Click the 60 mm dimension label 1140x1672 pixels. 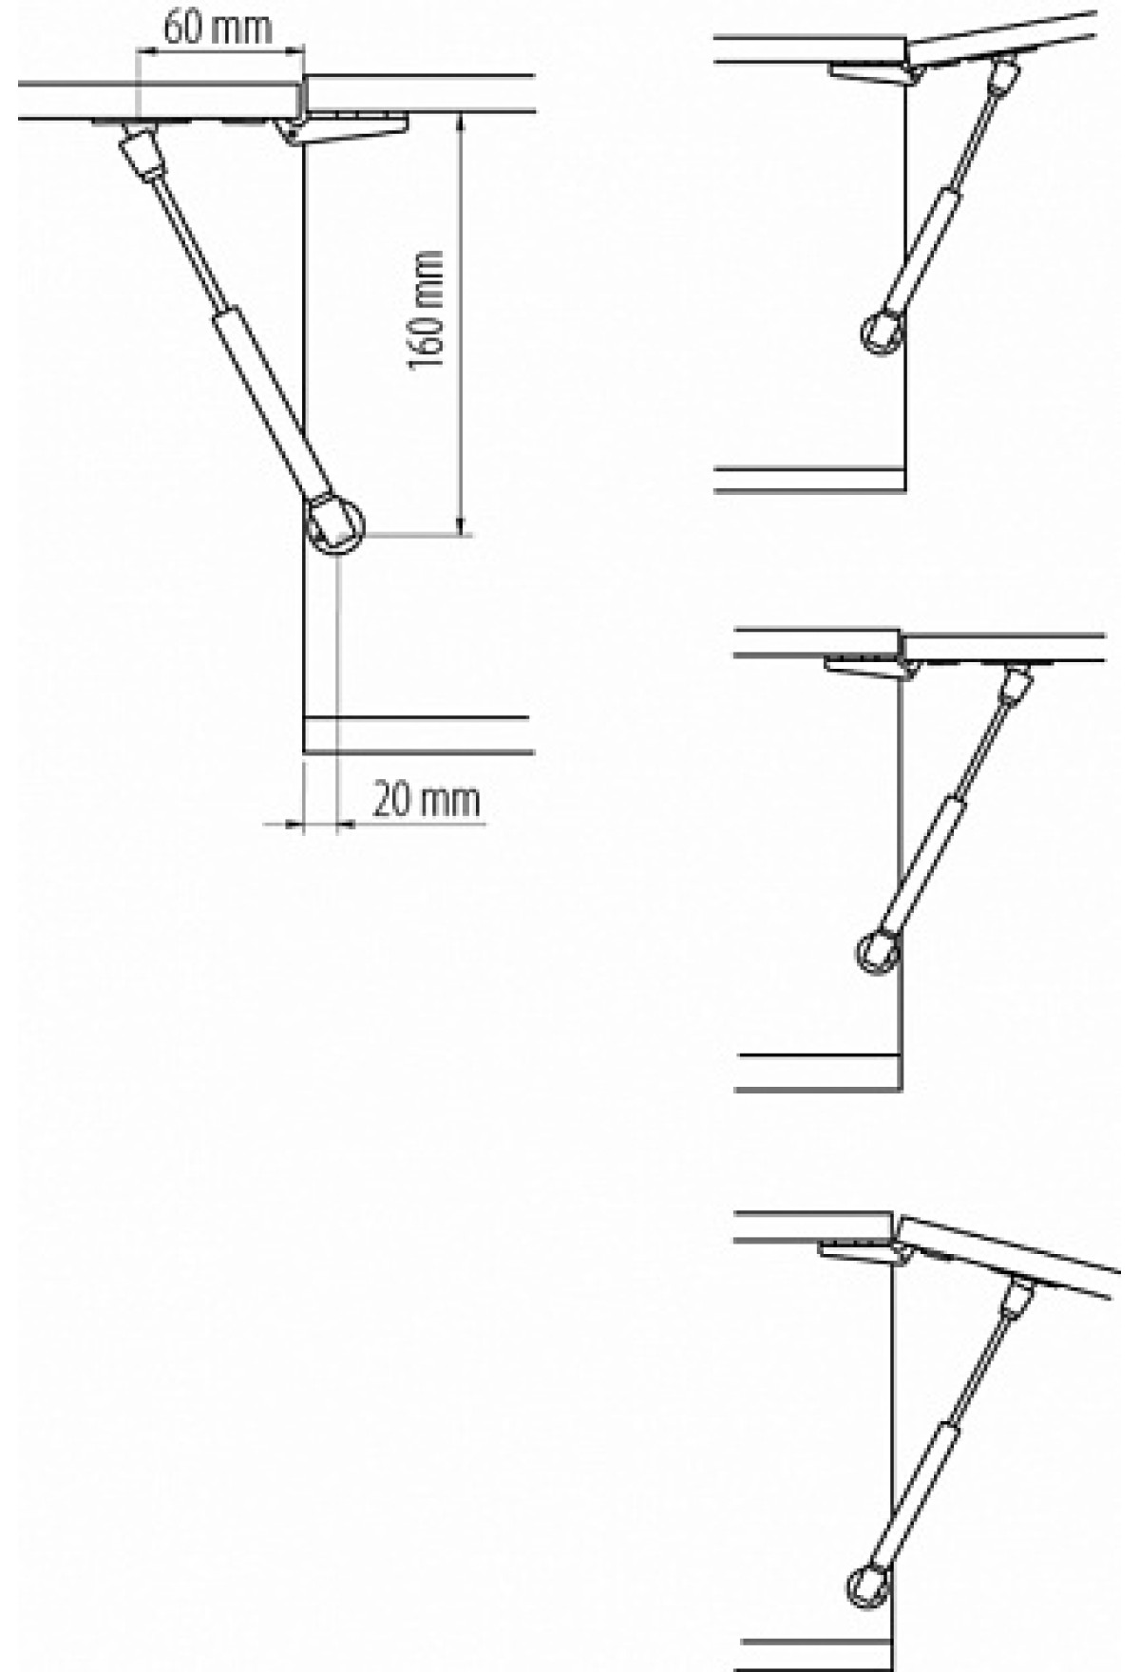pos(218,28)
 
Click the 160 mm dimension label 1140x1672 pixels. pos(427,311)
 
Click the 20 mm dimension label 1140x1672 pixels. pos(426,800)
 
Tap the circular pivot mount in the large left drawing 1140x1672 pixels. pos(335,523)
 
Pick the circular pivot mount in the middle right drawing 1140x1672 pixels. pos(877,951)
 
